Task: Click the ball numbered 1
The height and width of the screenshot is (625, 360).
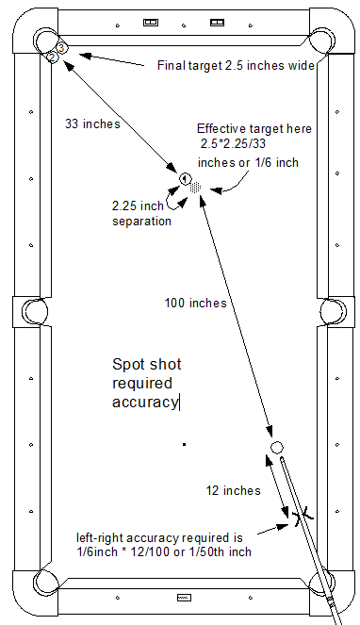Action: click(185, 179)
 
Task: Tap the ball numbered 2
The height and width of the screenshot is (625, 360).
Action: click(52, 58)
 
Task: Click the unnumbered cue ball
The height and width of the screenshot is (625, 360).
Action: click(277, 447)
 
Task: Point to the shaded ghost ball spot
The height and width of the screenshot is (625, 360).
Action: click(195, 188)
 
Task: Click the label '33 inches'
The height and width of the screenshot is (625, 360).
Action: click(92, 124)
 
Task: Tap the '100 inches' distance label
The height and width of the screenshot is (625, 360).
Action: click(196, 303)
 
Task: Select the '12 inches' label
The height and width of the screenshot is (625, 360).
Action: click(233, 490)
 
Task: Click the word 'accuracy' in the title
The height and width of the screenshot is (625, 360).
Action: click(145, 402)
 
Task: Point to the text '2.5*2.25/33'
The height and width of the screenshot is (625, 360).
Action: click(233, 143)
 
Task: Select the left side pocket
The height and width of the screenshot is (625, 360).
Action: click(34, 311)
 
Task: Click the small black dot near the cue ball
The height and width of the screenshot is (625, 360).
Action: click(184, 444)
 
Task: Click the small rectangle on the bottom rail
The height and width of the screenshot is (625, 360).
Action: click(184, 598)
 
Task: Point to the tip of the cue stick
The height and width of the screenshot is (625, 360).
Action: click(283, 460)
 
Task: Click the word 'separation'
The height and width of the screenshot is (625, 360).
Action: click(141, 222)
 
